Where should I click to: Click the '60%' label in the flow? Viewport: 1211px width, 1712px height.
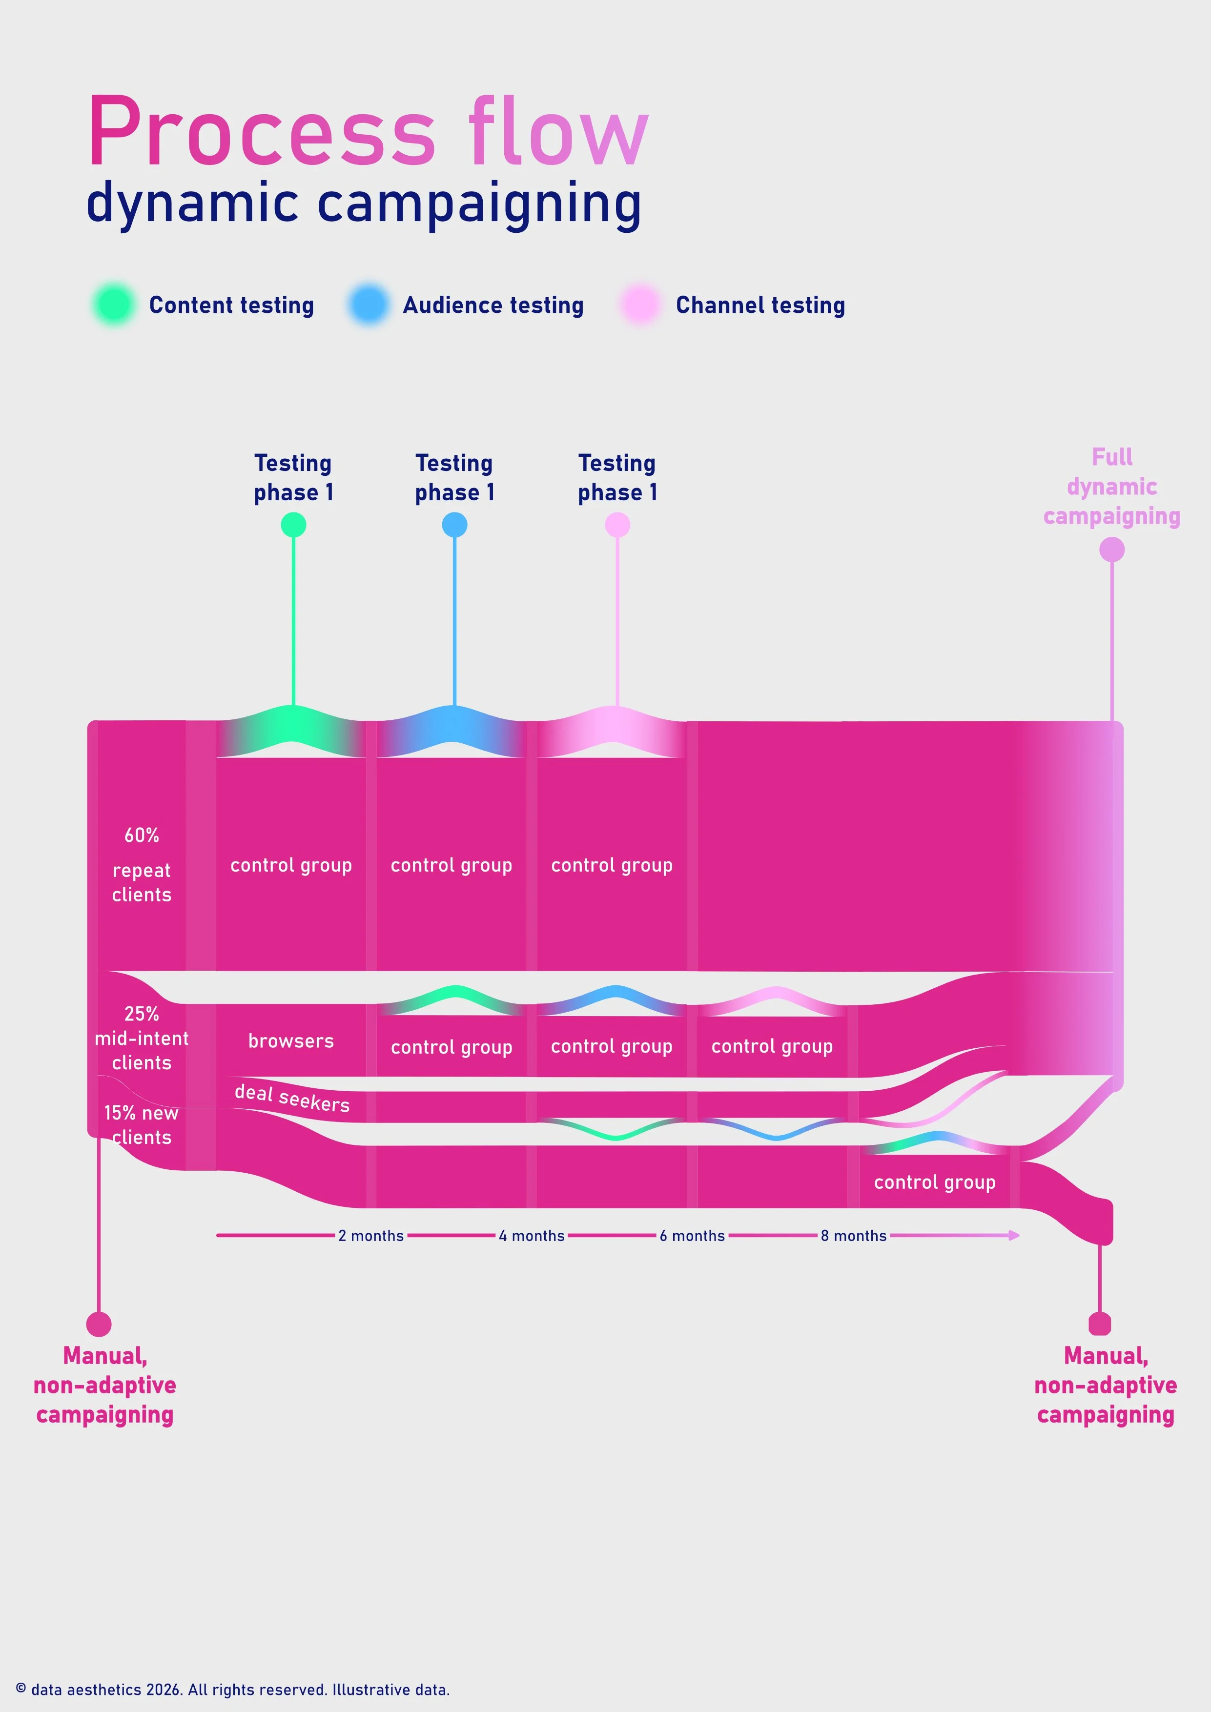click(x=142, y=835)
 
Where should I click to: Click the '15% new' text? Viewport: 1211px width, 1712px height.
click(x=141, y=1113)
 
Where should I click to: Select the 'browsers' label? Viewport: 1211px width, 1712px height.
click(x=291, y=1041)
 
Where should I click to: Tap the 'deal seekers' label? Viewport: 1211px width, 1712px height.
click(x=291, y=1098)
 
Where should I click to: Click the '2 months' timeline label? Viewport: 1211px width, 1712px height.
click(x=370, y=1236)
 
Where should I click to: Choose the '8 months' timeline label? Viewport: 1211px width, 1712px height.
click(x=853, y=1236)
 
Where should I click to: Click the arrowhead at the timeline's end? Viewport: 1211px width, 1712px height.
click(x=1014, y=1236)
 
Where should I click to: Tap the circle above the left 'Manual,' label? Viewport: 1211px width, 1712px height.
click(x=99, y=1325)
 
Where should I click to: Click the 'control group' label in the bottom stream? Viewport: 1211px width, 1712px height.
click(x=934, y=1182)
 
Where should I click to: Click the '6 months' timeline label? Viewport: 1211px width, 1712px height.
click(x=692, y=1236)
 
